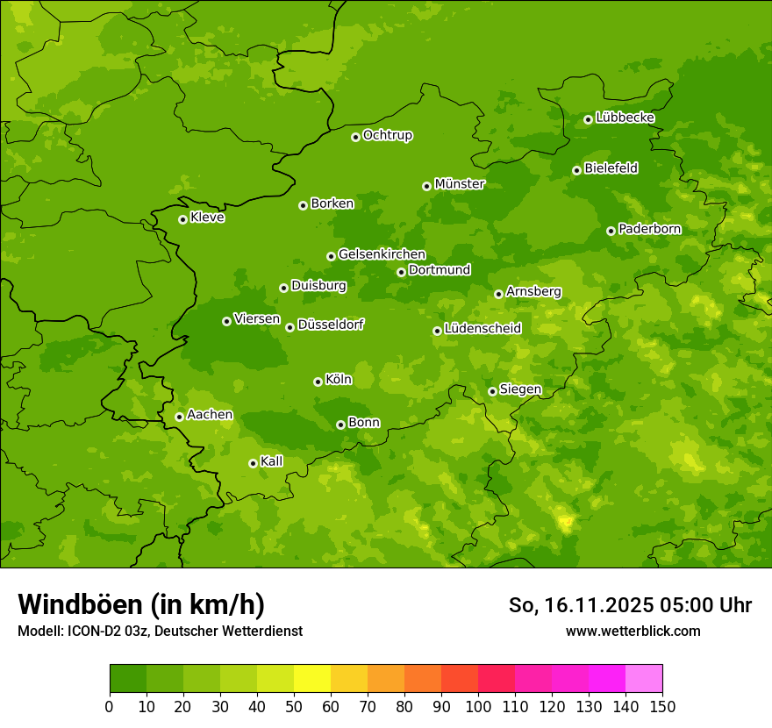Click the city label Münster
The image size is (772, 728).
[x=460, y=184]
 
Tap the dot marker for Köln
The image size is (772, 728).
[x=318, y=382]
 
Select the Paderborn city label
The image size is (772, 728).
[x=649, y=229]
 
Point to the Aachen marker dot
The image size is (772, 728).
[x=179, y=417]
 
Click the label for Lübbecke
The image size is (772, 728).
[x=625, y=118]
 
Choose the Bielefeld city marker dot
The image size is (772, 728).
[x=576, y=170]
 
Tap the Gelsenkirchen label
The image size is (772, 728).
[x=382, y=254]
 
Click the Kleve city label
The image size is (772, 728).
[x=207, y=218]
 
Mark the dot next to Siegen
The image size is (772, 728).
[x=492, y=391]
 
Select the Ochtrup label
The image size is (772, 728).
[x=388, y=135]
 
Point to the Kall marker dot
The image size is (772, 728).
[x=253, y=463]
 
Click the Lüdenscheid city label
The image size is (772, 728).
[x=482, y=329]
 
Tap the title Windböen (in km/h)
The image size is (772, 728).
[x=141, y=604]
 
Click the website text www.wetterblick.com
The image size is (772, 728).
[x=633, y=631]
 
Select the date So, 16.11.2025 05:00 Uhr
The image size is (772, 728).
[x=630, y=605]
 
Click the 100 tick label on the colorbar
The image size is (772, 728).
[x=478, y=706]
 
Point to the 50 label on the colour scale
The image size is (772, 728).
[x=294, y=706]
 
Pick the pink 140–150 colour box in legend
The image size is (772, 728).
[x=644, y=679]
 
